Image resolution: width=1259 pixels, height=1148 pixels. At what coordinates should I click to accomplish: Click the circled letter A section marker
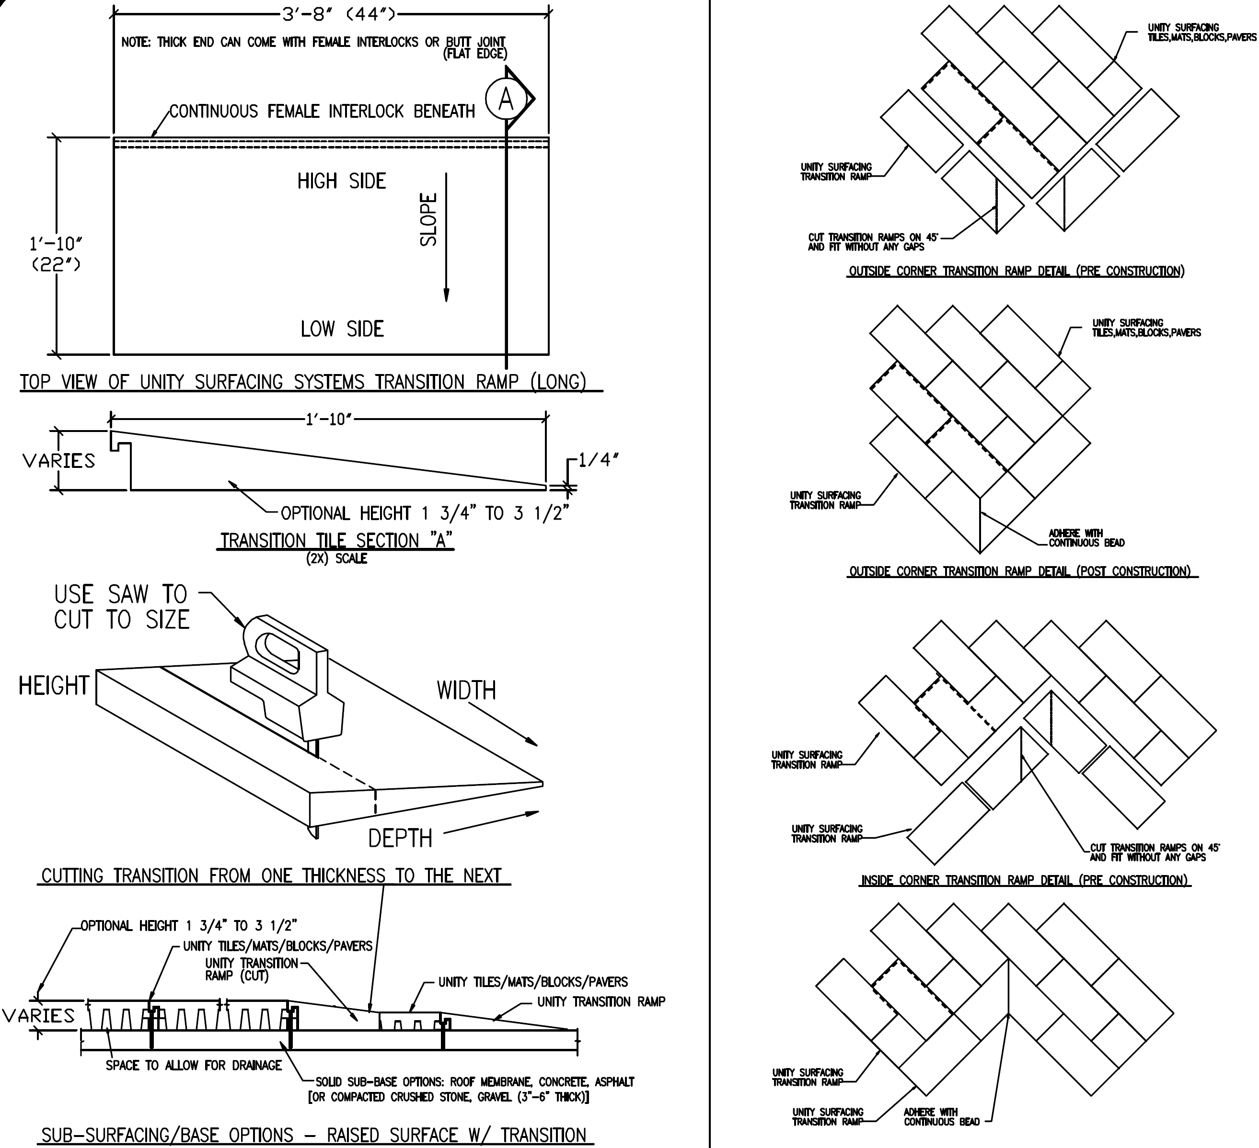click(506, 99)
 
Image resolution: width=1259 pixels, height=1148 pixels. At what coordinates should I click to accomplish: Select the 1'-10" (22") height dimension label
click(56, 254)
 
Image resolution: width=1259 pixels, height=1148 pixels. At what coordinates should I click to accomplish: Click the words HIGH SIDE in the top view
click(342, 181)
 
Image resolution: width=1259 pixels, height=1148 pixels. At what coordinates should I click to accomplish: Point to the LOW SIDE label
click(342, 329)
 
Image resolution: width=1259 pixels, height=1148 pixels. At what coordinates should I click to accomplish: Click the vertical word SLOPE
click(428, 219)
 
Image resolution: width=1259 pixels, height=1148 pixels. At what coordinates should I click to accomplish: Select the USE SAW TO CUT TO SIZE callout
click(122, 607)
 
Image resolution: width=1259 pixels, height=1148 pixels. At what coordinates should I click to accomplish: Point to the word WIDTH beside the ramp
click(466, 691)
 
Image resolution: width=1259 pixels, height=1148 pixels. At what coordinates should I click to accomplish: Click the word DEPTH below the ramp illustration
click(400, 838)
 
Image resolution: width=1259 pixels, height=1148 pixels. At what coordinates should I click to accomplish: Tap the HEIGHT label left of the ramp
click(54, 685)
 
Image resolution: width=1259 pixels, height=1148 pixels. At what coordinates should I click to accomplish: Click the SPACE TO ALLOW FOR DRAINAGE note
click(194, 1065)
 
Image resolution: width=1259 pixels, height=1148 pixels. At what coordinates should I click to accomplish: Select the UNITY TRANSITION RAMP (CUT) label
click(252, 969)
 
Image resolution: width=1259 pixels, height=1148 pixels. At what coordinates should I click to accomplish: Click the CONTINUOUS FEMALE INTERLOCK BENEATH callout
click(322, 111)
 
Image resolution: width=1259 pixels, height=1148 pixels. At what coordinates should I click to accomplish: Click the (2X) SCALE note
click(336, 559)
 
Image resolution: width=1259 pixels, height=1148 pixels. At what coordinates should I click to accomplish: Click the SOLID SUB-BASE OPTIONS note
click(472, 1089)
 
